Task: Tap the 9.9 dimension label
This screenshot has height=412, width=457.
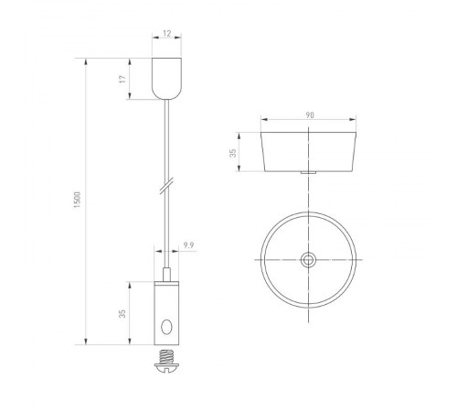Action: coord(187,244)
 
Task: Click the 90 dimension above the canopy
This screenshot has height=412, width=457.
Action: coord(310,114)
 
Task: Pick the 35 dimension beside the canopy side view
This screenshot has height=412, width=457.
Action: coord(233,153)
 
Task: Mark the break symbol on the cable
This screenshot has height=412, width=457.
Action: coord(165,186)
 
